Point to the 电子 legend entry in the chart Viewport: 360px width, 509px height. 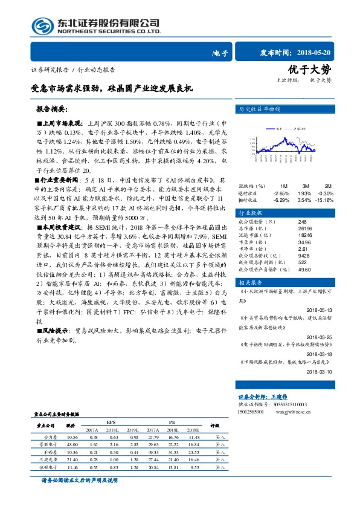pyautogui.click(x=278, y=129)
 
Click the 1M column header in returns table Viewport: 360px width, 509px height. pyautogui.click(x=283, y=186)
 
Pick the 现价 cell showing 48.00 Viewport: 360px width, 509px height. pyautogui.click(x=72, y=443)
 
